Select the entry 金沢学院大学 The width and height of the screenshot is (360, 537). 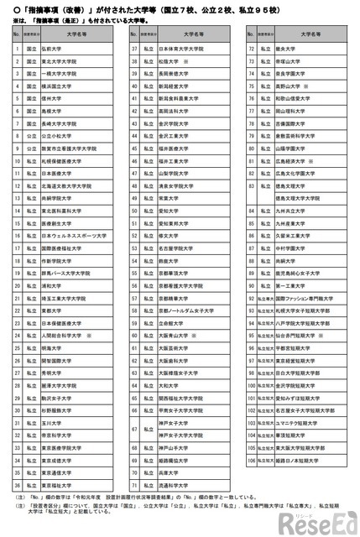[x=173, y=123]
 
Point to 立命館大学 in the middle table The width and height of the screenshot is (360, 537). [x=171, y=321]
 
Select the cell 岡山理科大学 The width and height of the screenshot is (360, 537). [x=290, y=111]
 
